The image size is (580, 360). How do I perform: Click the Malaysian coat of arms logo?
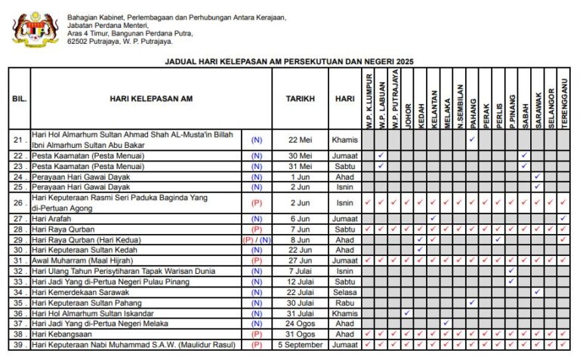click(x=35, y=29)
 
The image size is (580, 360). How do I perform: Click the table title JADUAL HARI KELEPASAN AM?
click(x=289, y=62)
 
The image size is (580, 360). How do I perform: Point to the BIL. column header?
click(x=19, y=99)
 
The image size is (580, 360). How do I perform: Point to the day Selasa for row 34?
click(x=344, y=292)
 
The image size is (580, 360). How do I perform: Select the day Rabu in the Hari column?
click(x=344, y=303)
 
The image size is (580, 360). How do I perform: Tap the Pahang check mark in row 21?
click(x=472, y=140)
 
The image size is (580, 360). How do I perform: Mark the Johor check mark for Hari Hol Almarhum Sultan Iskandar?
click(x=407, y=313)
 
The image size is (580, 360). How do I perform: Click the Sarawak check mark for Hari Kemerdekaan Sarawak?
click(x=538, y=292)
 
